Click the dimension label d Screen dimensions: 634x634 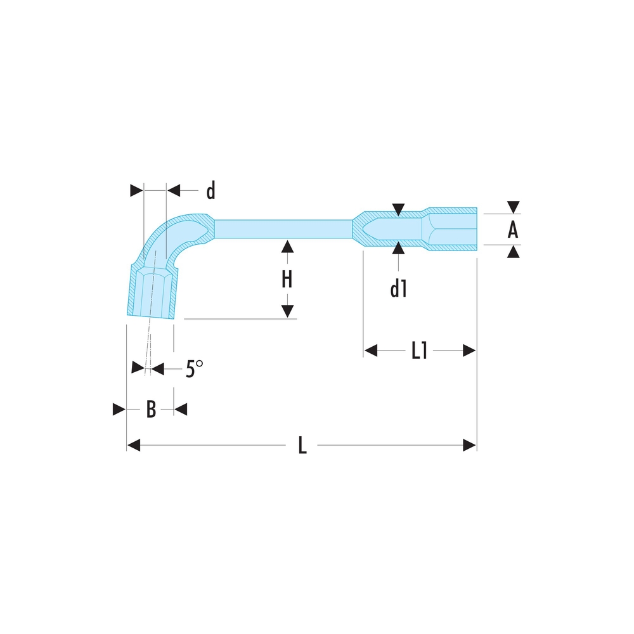pyautogui.click(x=211, y=190)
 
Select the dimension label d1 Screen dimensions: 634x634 pyautogui.click(x=398, y=289)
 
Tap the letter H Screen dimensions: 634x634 pyautogui.click(x=287, y=279)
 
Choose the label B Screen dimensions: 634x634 pyautogui.click(x=151, y=410)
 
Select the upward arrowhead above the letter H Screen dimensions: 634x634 pyautogui.click(x=287, y=247)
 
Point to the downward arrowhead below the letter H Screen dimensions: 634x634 pyautogui.click(x=287, y=311)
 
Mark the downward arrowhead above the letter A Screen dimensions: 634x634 pyautogui.click(x=513, y=207)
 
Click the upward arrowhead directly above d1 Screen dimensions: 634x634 pyautogui.click(x=398, y=248)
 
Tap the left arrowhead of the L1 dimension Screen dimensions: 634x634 pyautogui.click(x=370, y=351)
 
